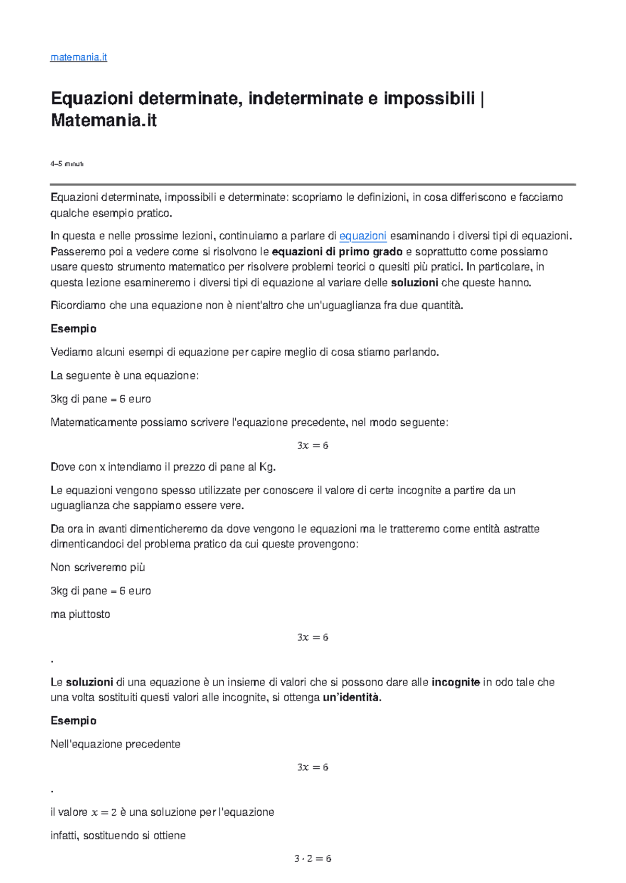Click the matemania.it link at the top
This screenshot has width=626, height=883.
pos(78,57)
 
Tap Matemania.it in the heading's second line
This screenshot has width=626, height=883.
pos(104,121)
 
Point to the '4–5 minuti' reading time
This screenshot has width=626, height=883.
pos(67,164)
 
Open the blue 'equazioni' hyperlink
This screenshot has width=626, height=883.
pos(363,236)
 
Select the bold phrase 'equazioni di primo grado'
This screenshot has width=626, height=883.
pos(337,252)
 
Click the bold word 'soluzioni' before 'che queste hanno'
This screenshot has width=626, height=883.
pos(414,283)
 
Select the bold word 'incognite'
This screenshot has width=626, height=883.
pos(455,682)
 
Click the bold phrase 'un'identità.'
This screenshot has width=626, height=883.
pos(352,697)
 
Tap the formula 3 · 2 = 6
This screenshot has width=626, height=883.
pos(312,859)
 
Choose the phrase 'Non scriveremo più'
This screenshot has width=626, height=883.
pos(98,567)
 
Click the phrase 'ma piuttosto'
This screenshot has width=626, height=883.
pos(80,614)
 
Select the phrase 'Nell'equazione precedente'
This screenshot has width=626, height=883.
pos(115,744)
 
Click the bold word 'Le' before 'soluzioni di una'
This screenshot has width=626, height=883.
pos(56,682)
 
